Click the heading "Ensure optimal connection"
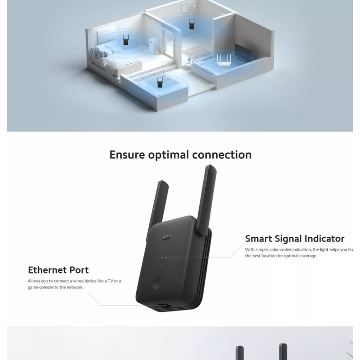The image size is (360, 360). pos(180,155)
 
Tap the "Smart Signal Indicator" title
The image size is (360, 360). pos(295,239)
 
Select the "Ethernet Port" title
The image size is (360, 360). pos(58,270)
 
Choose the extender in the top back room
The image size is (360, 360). pos(192,25)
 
